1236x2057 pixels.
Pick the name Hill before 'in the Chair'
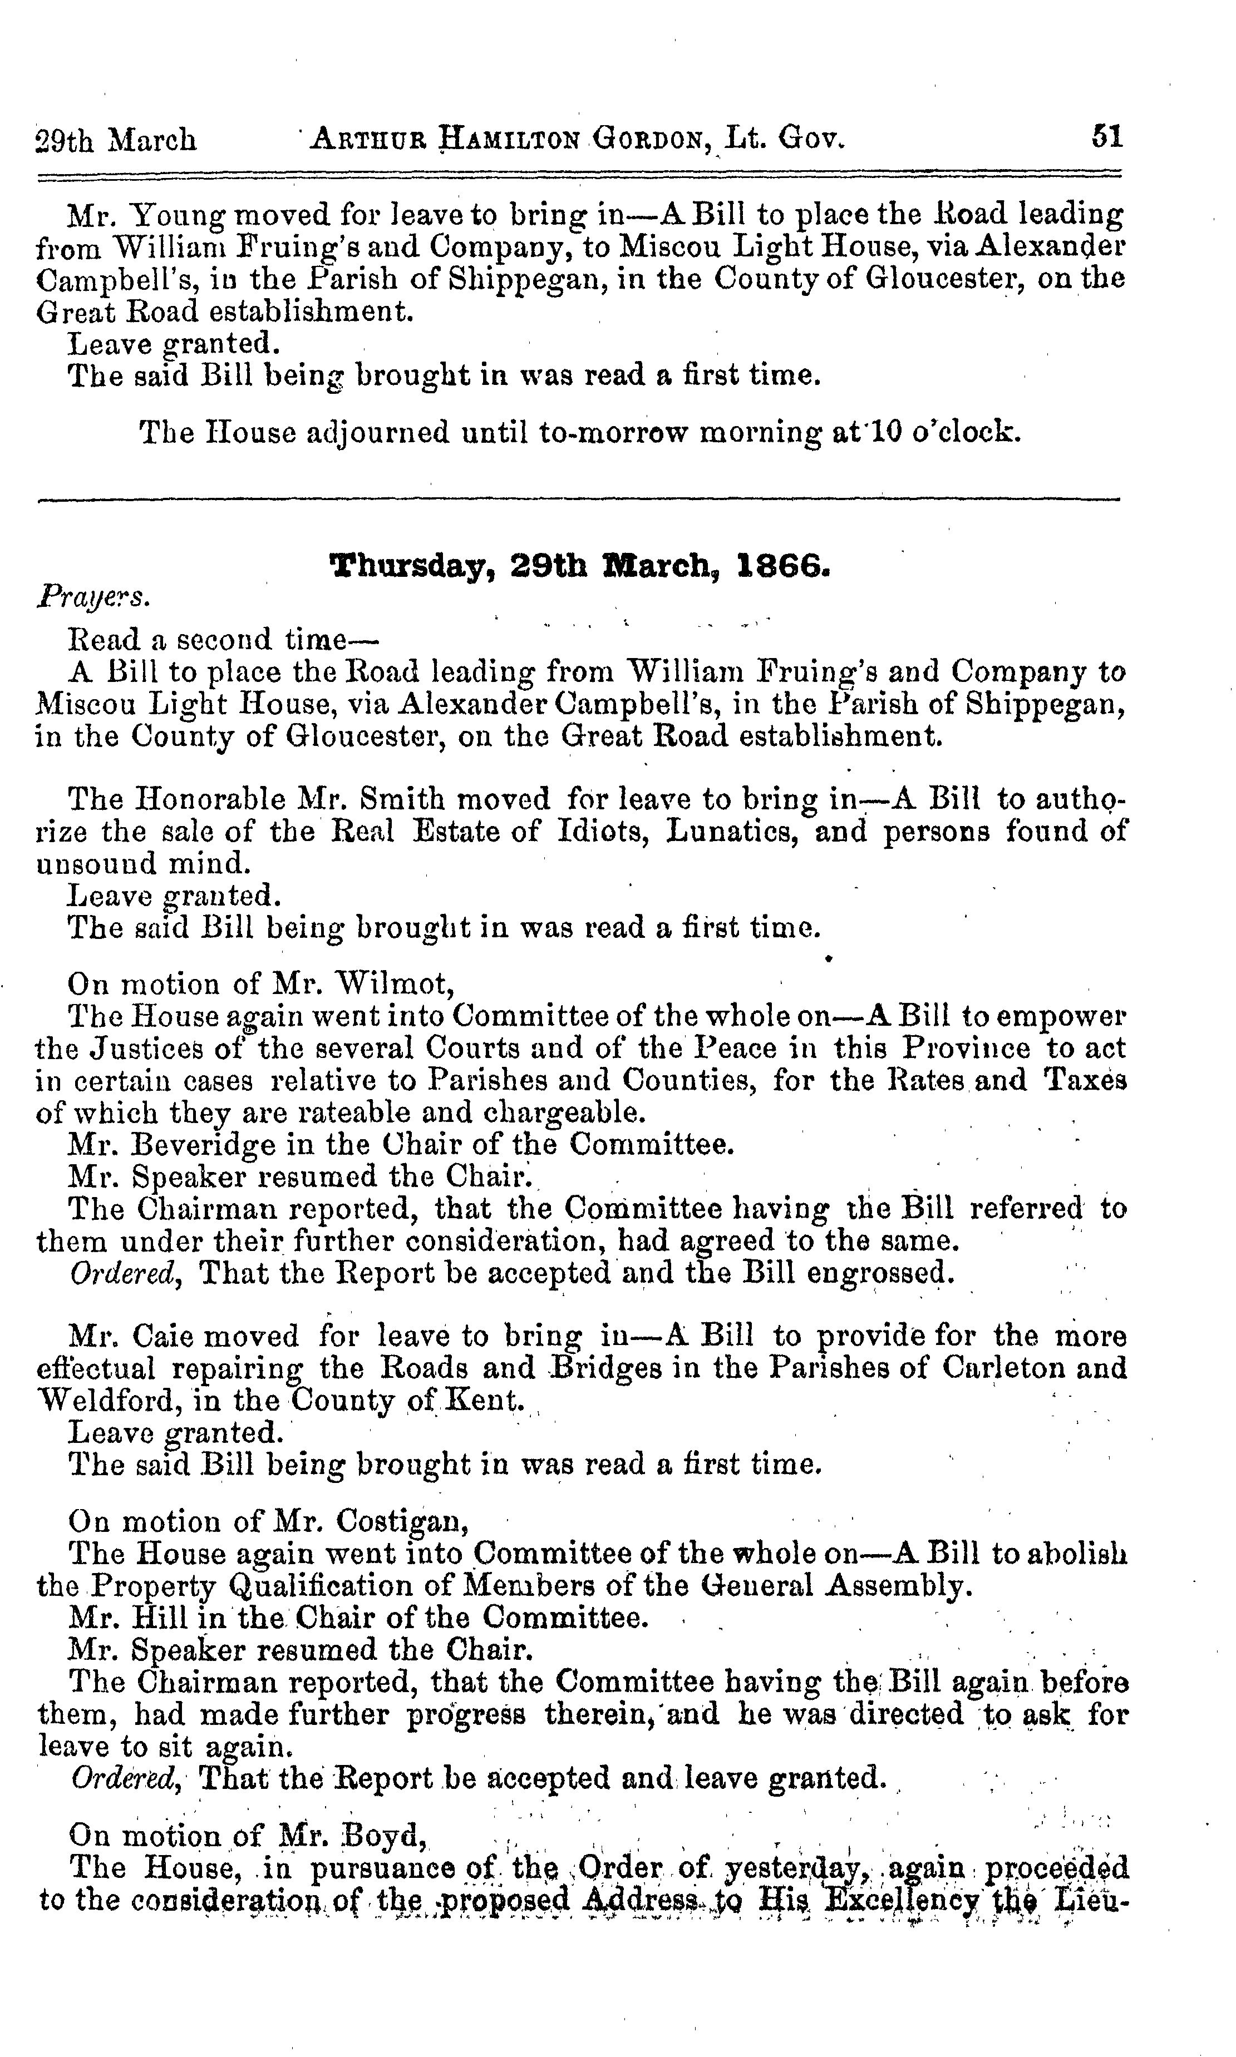pos(158,1618)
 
